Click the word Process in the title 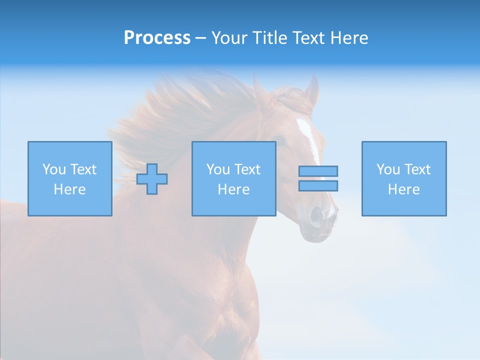click(157, 38)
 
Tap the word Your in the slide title click(229, 38)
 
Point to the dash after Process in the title click(200, 38)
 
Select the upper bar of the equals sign click(318, 171)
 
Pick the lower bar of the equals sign click(318, 185)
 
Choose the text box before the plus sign click(69, 178)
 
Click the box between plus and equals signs click(233, 178)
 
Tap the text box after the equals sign click(403, 178)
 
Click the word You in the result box click(388, 169)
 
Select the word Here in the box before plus click(69, 189)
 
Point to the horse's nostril click(316, 216)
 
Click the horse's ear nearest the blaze click(313, 90)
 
